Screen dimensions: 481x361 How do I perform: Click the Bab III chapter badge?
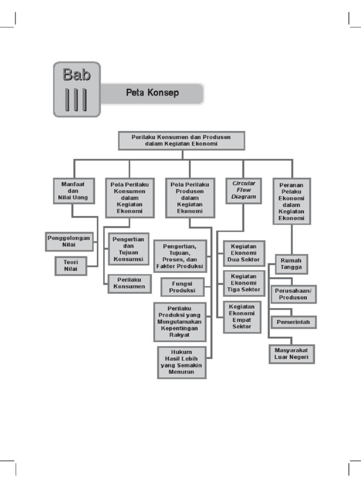click(77, 89)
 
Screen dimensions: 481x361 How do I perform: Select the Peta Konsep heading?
click(152, 93)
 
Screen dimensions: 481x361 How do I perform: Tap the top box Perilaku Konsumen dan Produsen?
click(181, 140)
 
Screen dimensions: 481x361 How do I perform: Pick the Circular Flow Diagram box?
click(243, 190)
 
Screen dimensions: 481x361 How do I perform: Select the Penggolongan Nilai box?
click(69, 241)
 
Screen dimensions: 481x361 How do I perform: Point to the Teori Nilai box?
click(71, 266)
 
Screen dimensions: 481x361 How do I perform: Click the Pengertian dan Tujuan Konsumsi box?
click(129, 249)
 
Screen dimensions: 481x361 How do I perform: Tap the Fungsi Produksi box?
click(182, 287)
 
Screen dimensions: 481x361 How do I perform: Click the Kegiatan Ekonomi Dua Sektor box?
click(243, 253)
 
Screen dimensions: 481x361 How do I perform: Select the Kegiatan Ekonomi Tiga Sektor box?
click(243, 283)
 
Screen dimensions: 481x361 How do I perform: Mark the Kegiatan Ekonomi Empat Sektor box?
click(242, 317)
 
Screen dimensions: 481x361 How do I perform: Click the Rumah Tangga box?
click(291, 264)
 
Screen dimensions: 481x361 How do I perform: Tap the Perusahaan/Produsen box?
click(293, 294)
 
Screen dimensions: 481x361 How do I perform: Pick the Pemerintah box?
click(293, 322)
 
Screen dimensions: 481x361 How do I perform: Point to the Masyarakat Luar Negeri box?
click(291, 354)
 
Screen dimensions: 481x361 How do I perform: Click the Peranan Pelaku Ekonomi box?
click(291, 201)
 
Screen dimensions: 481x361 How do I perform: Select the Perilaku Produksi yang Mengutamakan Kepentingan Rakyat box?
click(179, 322)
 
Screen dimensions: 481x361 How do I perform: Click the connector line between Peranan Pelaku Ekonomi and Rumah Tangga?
click(291, 240)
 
